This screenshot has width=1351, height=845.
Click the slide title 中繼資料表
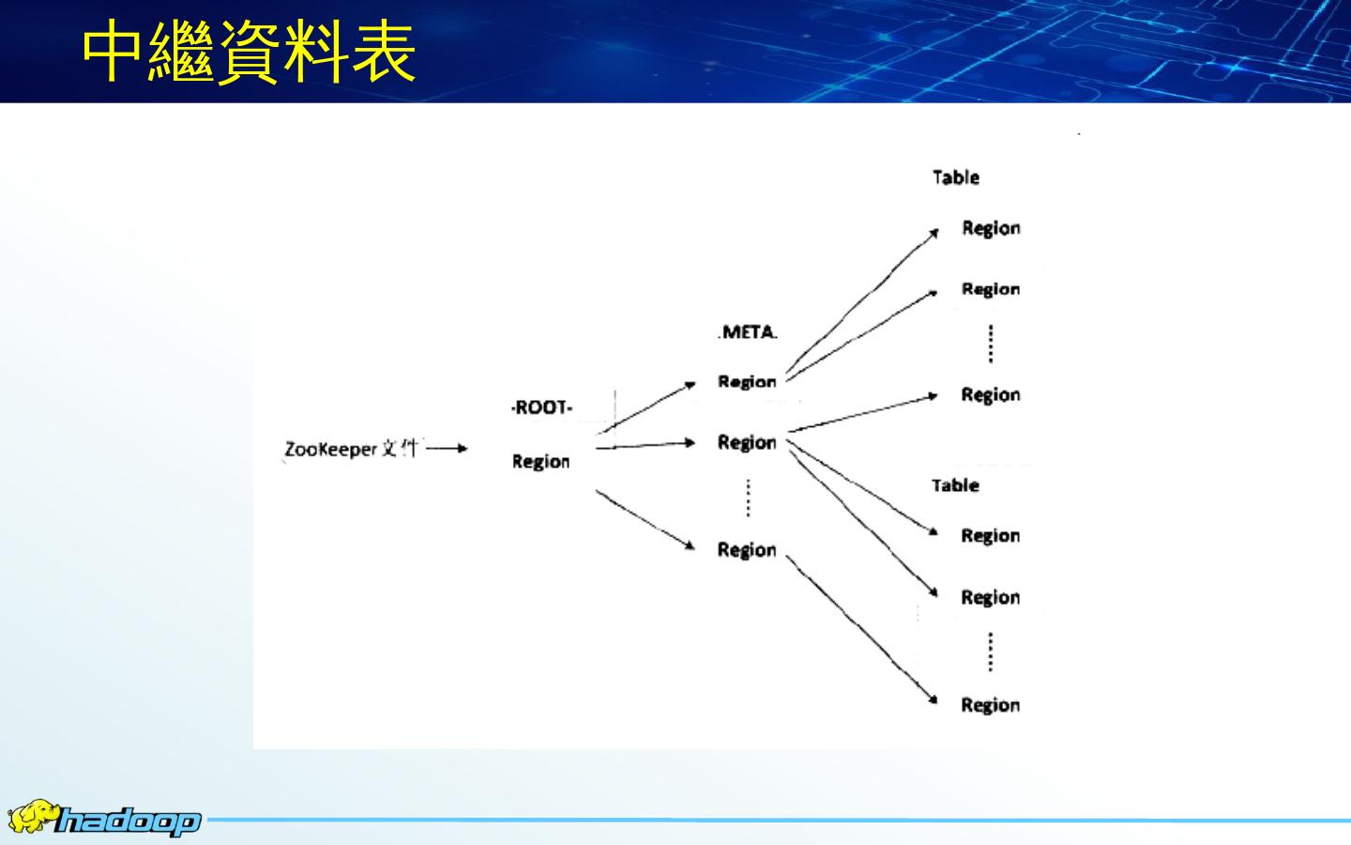[x=249, y=54]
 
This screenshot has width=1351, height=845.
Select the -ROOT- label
[x=542, y=407]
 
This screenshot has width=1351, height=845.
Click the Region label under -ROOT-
[x=540, y=461]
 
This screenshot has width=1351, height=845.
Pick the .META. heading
[x=749, y=332]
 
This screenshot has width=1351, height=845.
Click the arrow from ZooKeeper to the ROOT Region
[x=447, y=449]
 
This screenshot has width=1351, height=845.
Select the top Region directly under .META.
[x=747, y=381]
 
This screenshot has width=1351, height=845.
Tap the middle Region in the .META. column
[x=747, y=442]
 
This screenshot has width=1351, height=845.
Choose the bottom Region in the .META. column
[x=747, y=549]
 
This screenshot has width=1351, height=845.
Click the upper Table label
[x=956, y=177]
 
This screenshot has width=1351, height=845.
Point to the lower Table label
[x=955, y=485]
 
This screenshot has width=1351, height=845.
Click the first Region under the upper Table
[x=991, y=228]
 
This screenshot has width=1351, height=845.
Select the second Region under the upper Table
[x=991, y=289]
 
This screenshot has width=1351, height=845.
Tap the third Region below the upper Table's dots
[x=991, y=395]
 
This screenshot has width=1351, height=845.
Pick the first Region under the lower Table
[x=991, y=536]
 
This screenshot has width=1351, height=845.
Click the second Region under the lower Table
[x=991, y=597]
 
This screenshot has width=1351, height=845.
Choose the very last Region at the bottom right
[x=991, y=705]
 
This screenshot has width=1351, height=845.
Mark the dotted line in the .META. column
[x=748, y=498]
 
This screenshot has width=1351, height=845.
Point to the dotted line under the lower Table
[x=991, y=652]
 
